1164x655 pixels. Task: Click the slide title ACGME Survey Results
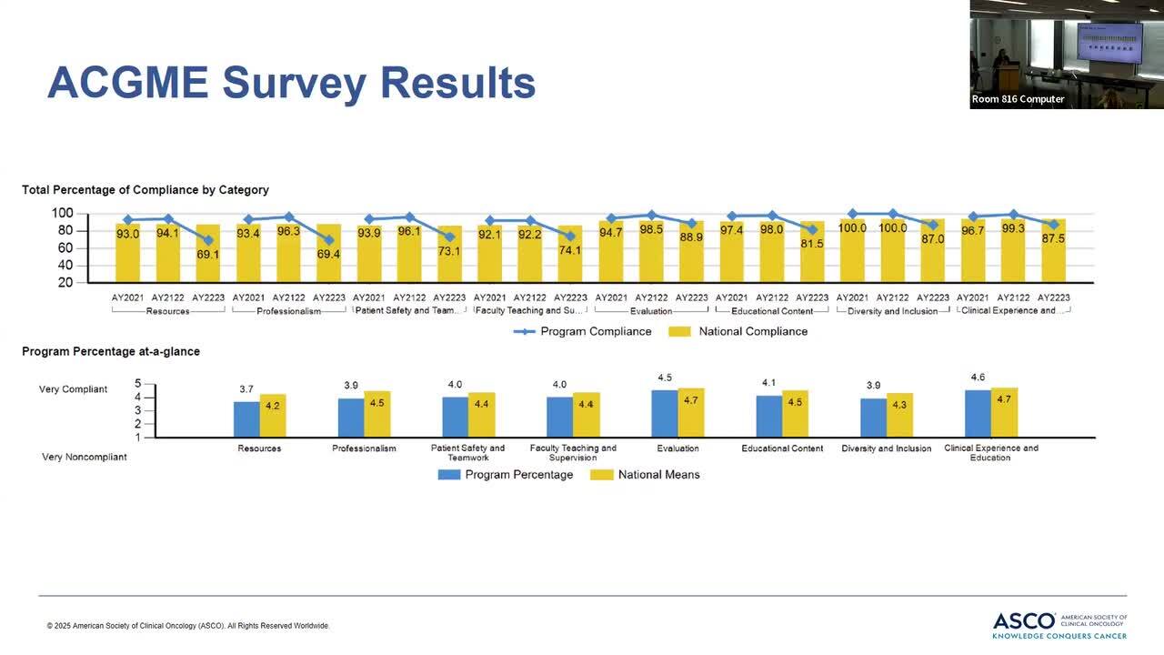click(x=291, y=83)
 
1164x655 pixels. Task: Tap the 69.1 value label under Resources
click(x=208, y=255)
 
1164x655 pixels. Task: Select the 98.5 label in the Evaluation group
click(x=651, y=230)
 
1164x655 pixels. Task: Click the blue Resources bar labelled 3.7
click(x=246, y=418)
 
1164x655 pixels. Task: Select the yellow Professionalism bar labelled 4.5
click(x=376, y=414)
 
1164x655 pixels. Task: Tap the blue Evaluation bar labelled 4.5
click(x=665, y=413)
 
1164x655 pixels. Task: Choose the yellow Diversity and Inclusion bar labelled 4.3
click(x=899, y=415)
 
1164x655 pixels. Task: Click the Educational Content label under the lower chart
click(x=782, y=448)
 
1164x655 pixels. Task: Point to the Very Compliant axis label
click(x=73, y=389)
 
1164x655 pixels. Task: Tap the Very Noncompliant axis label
click(x=84, y=457)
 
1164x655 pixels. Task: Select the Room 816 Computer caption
click(x=1018, y=99)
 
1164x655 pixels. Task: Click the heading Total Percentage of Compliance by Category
click(x=145, y=190)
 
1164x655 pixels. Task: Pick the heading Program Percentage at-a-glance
click(x=111, y=351)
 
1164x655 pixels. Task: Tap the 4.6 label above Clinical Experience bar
click(x=978, y=378)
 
